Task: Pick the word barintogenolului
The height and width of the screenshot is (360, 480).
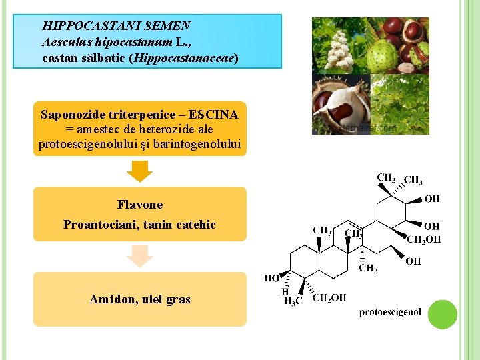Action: tap(202, 143)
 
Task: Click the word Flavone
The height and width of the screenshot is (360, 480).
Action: tap(139, 205)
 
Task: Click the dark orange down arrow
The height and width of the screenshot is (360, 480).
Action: tap(140, 171)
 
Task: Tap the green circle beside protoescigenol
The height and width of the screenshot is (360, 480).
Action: tap(442, 315)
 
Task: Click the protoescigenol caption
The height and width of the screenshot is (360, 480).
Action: tap(390, 312)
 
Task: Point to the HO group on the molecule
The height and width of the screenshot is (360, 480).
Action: tap(272, 278)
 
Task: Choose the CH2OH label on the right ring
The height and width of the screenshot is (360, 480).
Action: tap(423, 240)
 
